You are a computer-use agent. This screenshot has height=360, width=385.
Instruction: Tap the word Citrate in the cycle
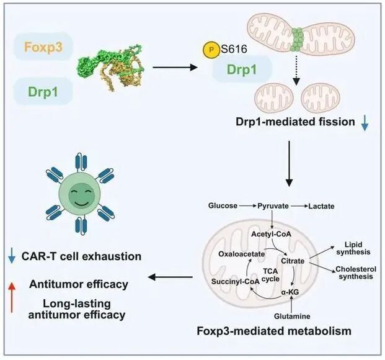293,261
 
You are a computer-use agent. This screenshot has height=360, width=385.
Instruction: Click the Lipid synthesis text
352,248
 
